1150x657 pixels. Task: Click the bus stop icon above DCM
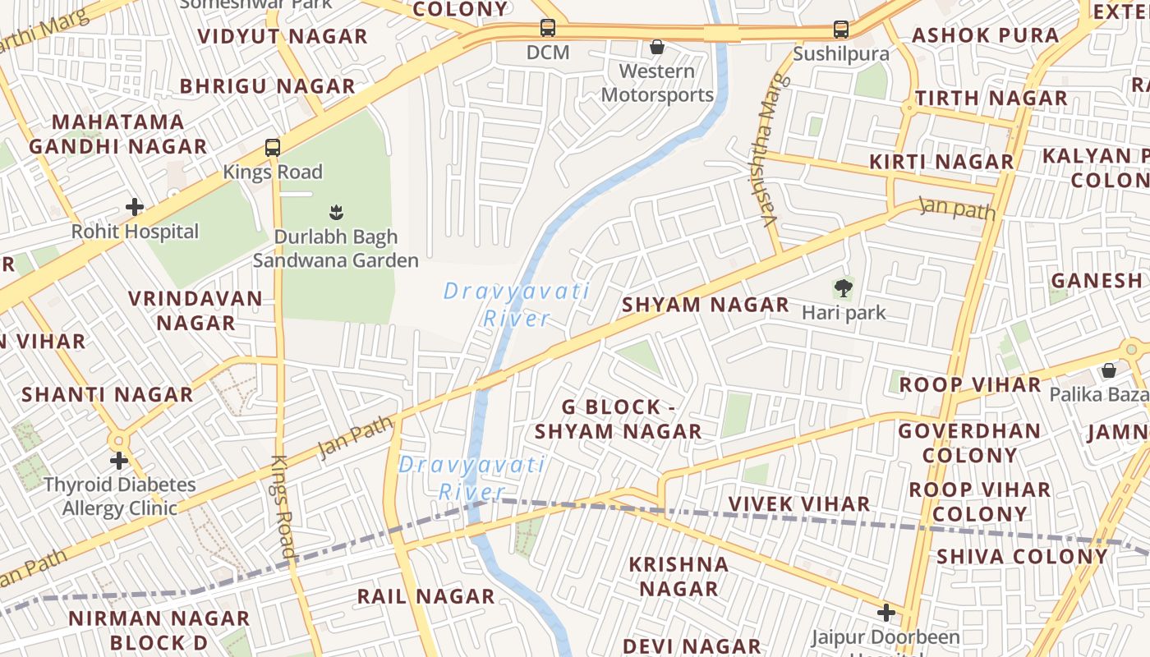coord(548,28)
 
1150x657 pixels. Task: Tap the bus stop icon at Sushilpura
coord(841,30)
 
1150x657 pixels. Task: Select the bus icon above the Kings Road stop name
coord(273,148)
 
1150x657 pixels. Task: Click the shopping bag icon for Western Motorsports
coord(657,47)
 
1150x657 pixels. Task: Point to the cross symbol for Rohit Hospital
coord(135,207)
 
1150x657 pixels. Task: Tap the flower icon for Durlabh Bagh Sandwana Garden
coord(335,213)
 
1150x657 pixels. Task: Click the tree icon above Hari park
coord(843,288)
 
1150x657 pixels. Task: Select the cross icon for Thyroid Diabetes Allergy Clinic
coord(119,461)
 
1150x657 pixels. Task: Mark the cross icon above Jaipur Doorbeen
coord(885,613)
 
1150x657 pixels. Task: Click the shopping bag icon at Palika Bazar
coord(1108,370)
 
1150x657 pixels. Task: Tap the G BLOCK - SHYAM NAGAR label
coord(619,419)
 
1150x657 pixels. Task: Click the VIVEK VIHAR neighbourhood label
coord(799,503)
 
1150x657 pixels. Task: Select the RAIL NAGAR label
coord(425,596)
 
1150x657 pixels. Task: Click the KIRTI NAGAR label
coord(941,162)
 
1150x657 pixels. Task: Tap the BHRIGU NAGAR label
coord(268,86)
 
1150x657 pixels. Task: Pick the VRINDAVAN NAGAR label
coord(195,310)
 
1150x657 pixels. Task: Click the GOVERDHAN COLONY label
coord(969,443)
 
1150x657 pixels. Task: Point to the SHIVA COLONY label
coord(1023,556)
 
